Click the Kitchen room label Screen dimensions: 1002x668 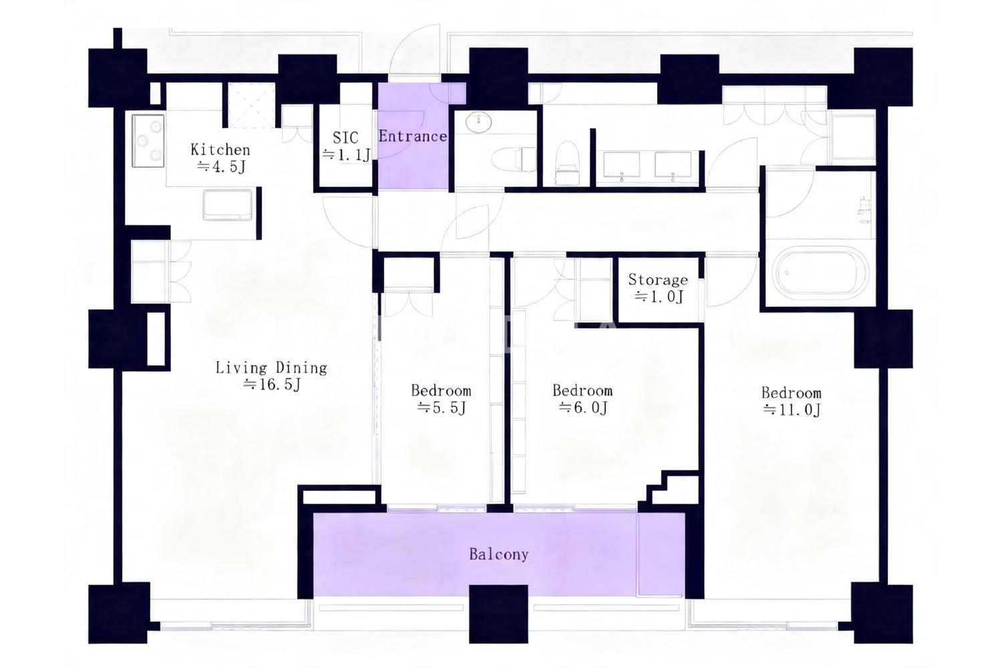[x=220, y=150]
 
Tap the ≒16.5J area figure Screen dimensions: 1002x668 [x=272, y=384]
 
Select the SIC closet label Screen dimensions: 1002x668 [x=345, y=137]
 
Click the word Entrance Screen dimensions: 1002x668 [x=412, y=136]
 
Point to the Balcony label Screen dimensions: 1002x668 [x=499, y=554]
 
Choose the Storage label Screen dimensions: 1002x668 [x=658, y=280]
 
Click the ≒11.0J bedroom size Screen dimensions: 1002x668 [x=792, y=410]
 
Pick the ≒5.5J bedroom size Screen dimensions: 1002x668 [x=442, y=407]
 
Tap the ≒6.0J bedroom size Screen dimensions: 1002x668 [x=583, y=407]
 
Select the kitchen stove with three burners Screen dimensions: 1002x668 [x=148, y=141]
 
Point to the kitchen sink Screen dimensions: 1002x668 [x=228, y=205]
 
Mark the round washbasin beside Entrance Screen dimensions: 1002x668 [x=478, y=122]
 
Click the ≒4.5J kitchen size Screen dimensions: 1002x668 [x=221, y=167]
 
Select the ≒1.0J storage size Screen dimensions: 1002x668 [x=659, y=297]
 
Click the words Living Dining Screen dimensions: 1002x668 [x=271, y=368]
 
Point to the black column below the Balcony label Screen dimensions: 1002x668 [x=499, y=614]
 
